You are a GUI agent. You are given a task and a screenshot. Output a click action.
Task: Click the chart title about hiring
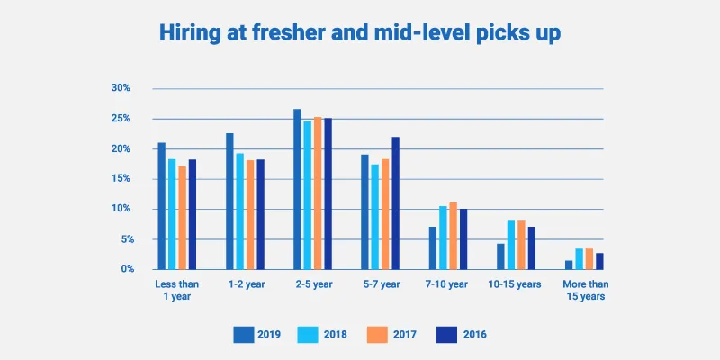[360, 33]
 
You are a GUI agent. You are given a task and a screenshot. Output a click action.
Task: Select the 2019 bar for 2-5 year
[297, 190]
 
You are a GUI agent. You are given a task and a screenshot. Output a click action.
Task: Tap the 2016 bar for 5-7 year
[395, 203]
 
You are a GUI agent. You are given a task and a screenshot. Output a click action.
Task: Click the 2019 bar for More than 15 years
[569, 265]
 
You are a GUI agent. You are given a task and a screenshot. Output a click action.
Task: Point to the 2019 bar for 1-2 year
[229, 202]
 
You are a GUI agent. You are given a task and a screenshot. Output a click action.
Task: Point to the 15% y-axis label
[121, 179]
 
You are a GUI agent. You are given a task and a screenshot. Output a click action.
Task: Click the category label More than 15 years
[585, 291]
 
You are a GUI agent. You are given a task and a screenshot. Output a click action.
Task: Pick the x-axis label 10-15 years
[516, 284]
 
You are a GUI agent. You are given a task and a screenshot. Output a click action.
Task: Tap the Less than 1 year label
[176, 291]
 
